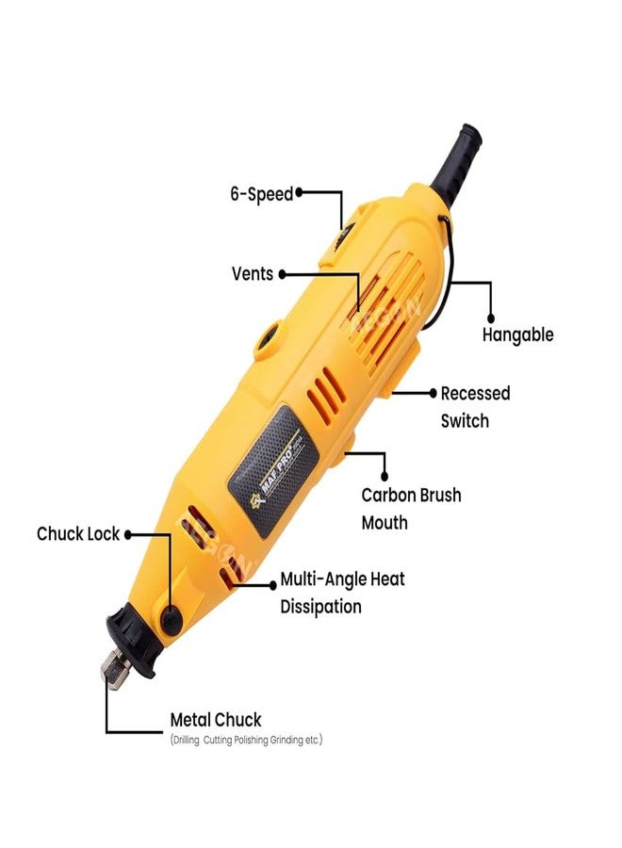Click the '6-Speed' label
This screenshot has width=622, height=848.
pos(261,194)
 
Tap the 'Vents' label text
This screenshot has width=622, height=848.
pos(252,273)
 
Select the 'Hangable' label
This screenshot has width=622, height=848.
pos(517,334)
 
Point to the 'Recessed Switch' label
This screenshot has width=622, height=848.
pos(475,406)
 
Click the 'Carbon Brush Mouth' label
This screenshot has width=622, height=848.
pos(411,508)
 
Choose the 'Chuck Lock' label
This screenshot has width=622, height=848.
pos(77,533)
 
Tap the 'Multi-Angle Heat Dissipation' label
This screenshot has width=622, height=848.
pos(342,593)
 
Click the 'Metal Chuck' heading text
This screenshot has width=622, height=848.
pos(215,720)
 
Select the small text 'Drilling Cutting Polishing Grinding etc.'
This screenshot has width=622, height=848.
pos(246,741)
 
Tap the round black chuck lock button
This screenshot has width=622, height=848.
pos(171,618)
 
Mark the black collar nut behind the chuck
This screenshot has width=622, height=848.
pos(132,641)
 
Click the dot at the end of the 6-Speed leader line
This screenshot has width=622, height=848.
pos(301,192)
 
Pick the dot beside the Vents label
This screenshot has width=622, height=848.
pos(282,273)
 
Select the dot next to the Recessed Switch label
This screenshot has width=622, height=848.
pos(432,393)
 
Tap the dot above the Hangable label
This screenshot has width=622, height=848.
pos(491,318)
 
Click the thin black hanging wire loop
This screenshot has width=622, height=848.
pos(446,273)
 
